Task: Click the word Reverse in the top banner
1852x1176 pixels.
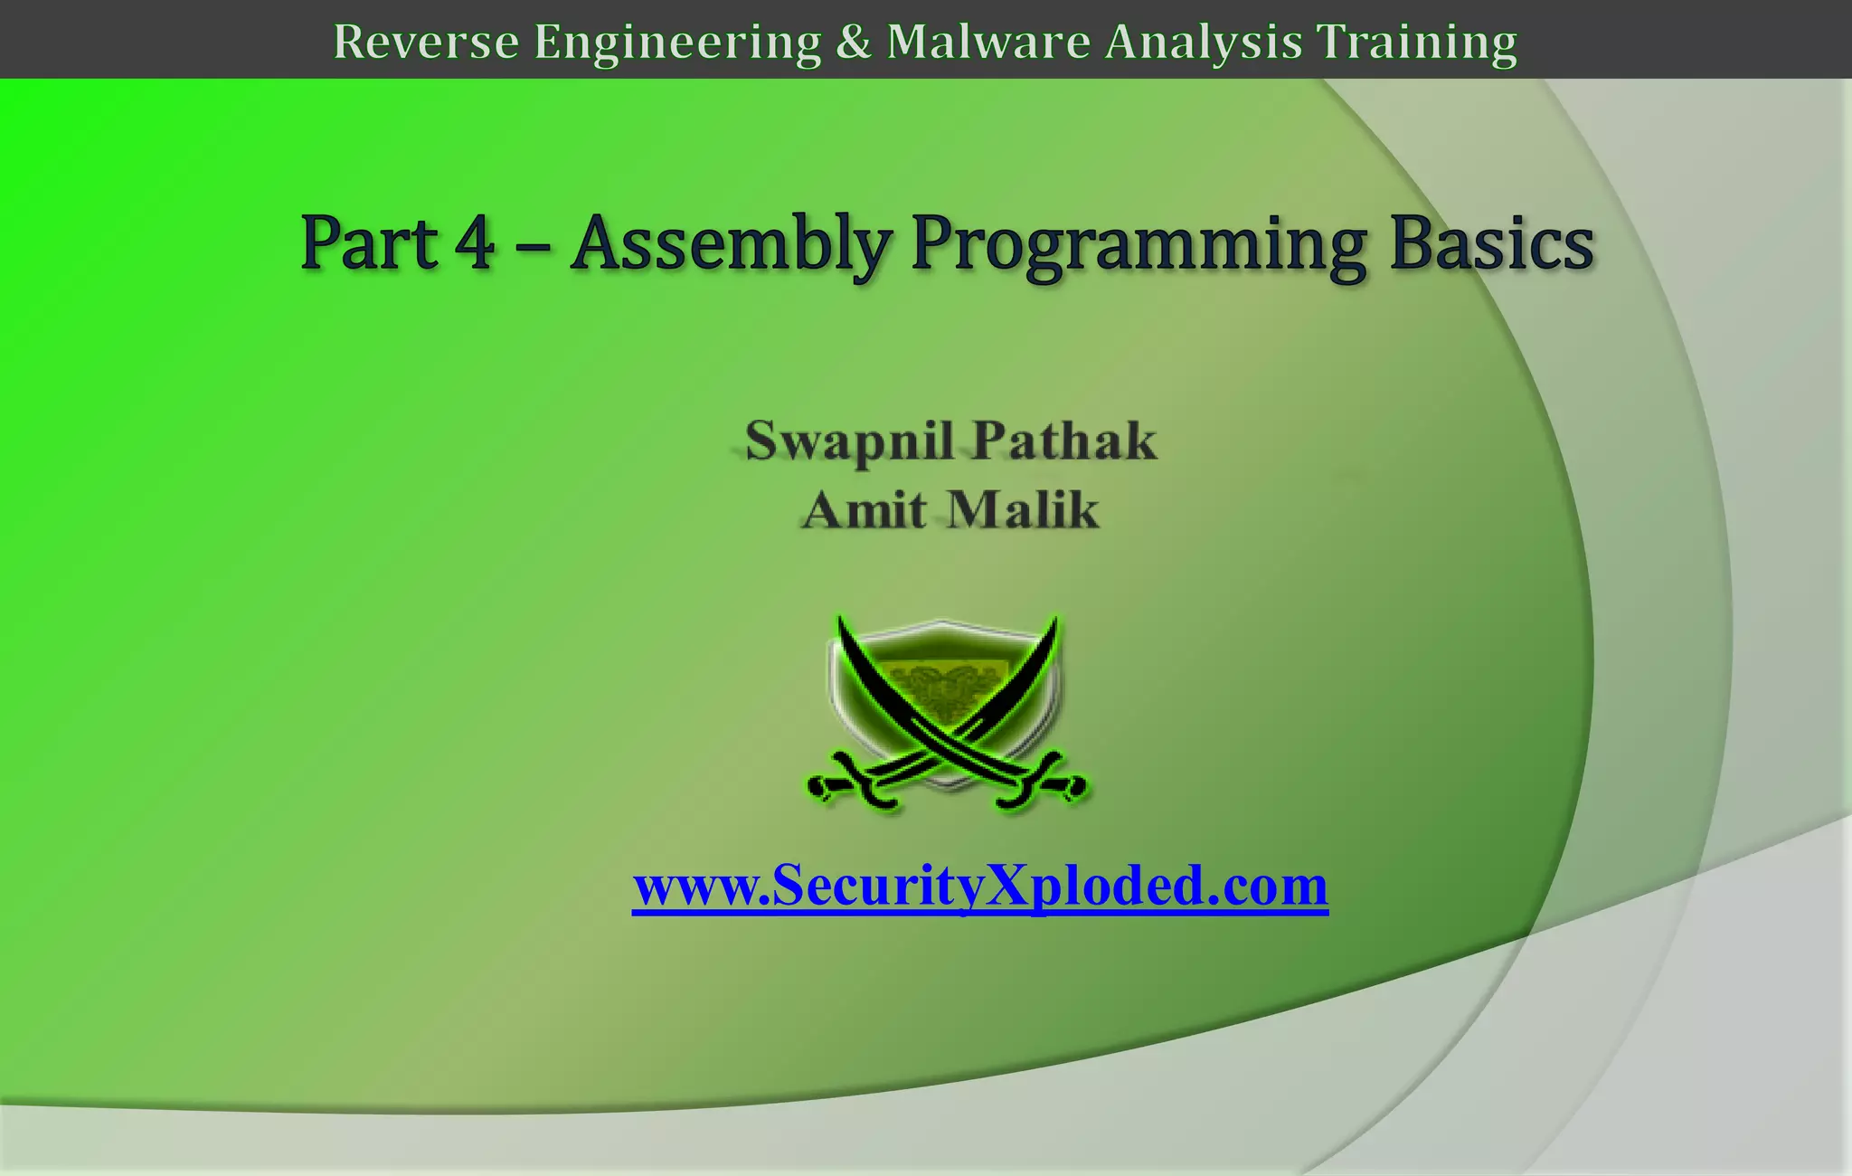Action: (x=426, y=42)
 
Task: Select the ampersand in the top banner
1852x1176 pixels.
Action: (x=853, y=42)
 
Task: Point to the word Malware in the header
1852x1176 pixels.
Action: (x=988, y=42)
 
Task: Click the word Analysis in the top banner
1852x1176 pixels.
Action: (x=1204, y=43)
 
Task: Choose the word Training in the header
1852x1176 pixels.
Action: (x=1416, y=43)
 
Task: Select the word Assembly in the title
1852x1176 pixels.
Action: (x=732, y=244)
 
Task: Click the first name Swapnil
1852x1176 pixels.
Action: (x=848, y=442)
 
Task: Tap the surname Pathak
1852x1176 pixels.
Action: (x=1064, y=441)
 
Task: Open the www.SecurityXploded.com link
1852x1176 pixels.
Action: (x=980, y=886)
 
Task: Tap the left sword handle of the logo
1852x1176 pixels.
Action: (x=850, y=785)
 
